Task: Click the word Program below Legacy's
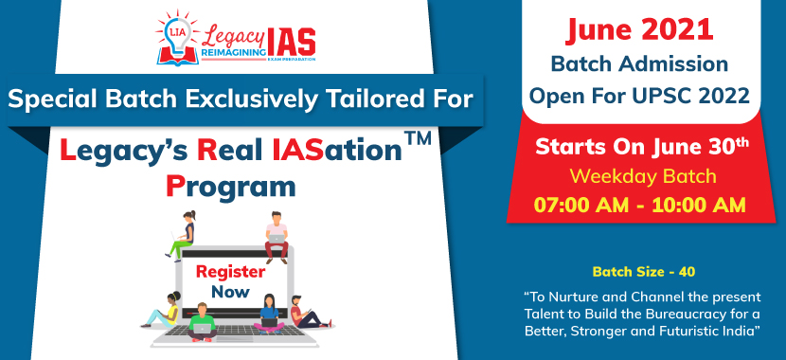[x=230, y=187]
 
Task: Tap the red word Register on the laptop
[x=230, y=272]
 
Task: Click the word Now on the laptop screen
[x=230, y=292]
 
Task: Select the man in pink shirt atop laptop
[x=277, y=236]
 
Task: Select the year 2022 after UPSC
[x=719, y=95]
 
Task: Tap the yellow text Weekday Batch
[x=642, y=176]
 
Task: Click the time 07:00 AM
[x=579, y=204]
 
